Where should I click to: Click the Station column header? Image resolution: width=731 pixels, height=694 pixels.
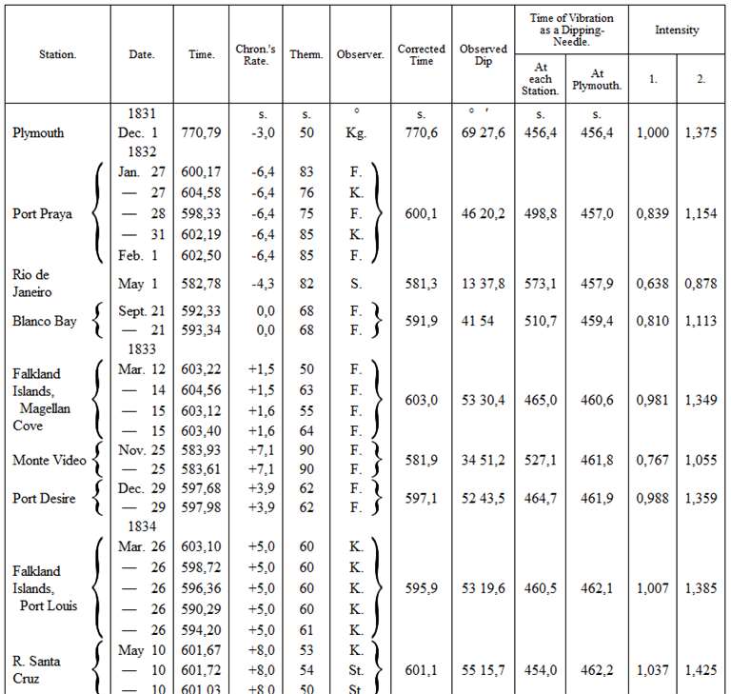(x=57, y=55)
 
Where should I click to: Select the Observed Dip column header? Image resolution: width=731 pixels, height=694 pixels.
(x=484, y=55)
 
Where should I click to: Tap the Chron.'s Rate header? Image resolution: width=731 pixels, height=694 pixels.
(x=255, y=55)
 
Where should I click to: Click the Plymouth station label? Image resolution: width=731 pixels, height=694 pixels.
(x=38, y=133)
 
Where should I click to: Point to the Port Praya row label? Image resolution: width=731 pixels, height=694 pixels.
(x=43, y=213)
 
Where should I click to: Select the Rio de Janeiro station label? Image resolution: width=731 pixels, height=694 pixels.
(x=32, y=284)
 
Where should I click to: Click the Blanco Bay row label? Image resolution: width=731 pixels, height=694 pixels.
(x=45, y=321)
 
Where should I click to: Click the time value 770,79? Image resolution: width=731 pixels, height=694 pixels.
(x=201, y=133)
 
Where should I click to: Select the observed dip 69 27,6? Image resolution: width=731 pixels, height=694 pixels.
(x=483, y=133)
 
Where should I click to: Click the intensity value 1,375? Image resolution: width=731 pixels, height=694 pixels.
(x=701, y=133)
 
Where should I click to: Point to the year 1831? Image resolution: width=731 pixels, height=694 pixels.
(x=141, y=114)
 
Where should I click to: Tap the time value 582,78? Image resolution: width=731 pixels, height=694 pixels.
(x=201, y=284)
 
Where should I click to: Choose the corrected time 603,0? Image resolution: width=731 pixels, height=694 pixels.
(x=422, y=401)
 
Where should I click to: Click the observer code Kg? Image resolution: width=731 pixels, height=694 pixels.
(x=356, y=133)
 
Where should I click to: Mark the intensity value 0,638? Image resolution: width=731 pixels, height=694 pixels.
(x=653, y=284)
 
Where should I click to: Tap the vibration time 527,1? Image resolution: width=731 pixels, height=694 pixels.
(x=541, y=461)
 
